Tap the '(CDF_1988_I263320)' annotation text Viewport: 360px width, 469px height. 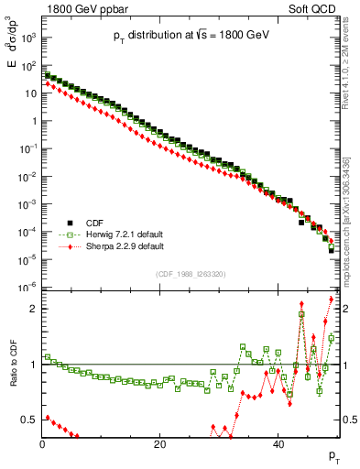[190, 273]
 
